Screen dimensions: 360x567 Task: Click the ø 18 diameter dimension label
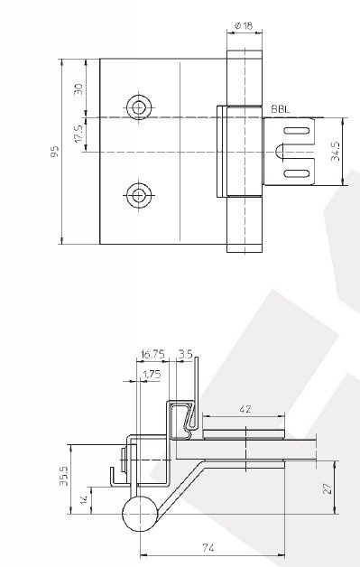pos(244,25)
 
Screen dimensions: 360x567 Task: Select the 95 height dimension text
pos(54,151)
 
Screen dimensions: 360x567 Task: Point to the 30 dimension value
pos(78,89)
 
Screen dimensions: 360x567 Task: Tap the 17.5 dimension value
pos(78,134)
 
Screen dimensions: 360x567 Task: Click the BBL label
pos(280,109)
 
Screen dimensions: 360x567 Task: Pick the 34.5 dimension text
pos(335,151)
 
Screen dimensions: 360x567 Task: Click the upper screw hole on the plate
pos(139,107)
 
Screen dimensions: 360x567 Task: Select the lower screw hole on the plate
pos(137,195)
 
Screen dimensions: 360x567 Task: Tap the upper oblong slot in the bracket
pos(297,131)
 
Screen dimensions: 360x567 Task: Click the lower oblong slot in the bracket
pos(297,173)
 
